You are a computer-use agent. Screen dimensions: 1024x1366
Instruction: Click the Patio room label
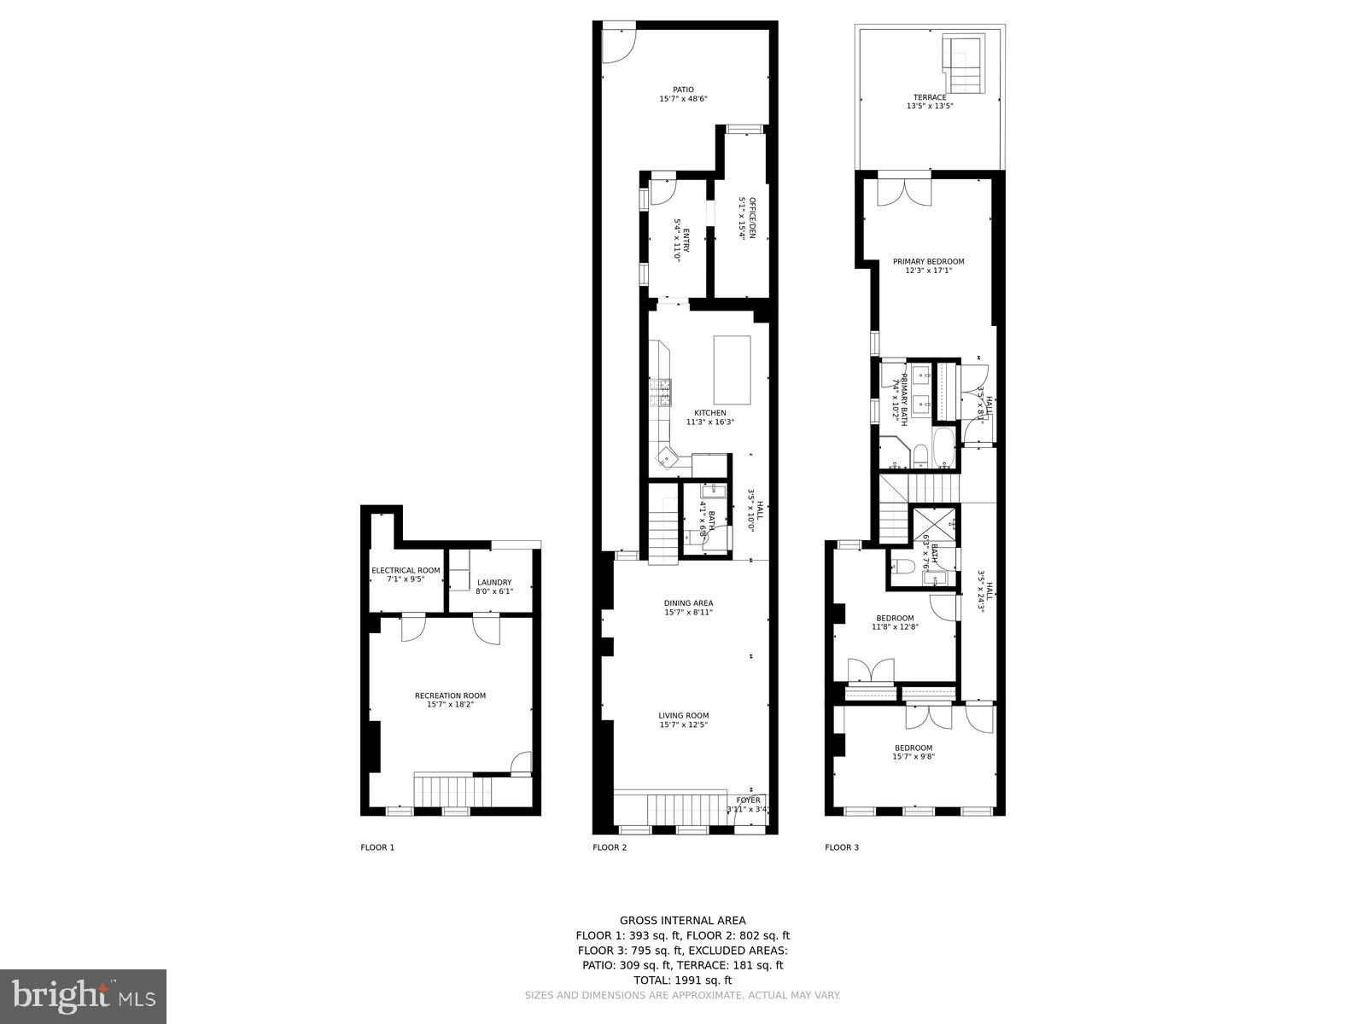683,94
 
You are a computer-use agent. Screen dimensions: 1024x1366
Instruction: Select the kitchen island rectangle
732,369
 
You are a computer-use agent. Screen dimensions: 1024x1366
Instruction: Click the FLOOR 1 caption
377,847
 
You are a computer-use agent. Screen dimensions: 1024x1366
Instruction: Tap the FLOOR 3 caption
842,847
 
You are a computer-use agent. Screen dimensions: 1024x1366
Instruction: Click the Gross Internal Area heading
683,920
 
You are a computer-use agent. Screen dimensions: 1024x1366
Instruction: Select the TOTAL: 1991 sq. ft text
683,980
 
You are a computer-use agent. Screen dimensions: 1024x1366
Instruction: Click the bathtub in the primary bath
943,447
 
